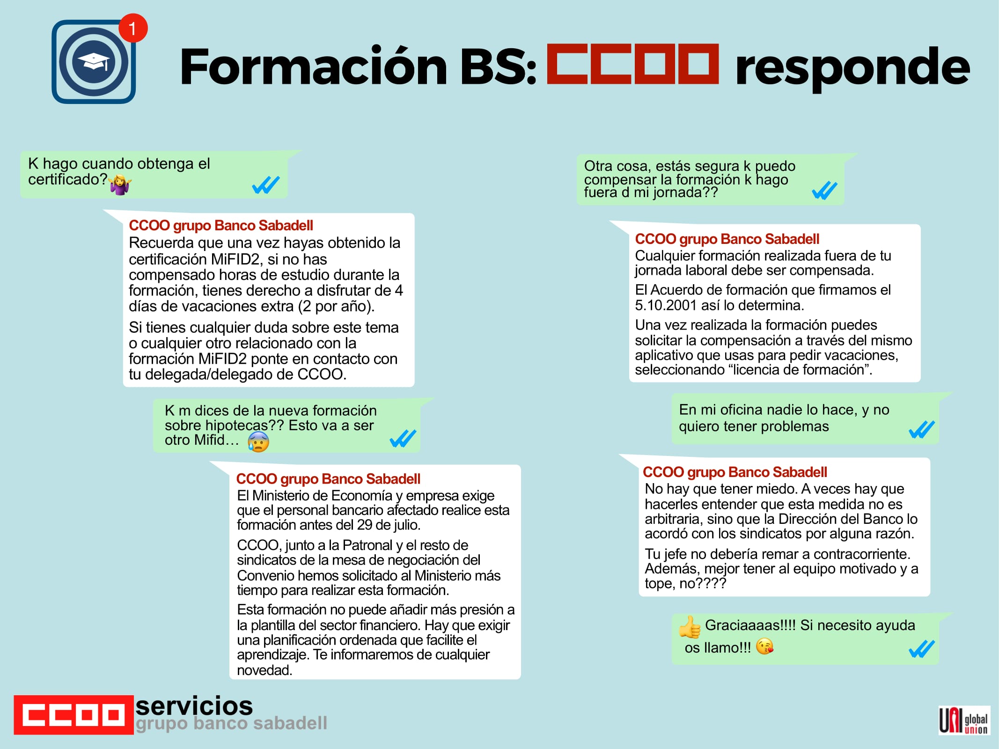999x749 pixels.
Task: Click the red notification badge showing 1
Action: tap(133, 28)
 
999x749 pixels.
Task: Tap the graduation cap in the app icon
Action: tap(94, 61)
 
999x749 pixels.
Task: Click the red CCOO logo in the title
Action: tap(632, 64)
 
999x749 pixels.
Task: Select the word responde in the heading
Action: tap(852, 68)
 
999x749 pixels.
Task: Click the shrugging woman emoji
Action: tap(120, 184)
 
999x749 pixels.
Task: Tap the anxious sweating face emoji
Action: tap(258, 441)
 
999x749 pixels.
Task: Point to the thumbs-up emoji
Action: tap(690, 627)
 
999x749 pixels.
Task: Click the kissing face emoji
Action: tap(764, 646)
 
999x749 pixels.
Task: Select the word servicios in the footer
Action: tap(194, 705)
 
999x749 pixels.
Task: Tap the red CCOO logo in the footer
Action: tap(73, 715)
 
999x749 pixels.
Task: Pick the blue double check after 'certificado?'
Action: tap(266, 185)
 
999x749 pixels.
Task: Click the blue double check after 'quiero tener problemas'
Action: tap(922, 429)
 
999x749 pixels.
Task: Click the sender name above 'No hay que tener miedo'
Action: tap(735, 472)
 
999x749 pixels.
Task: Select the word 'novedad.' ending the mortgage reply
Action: tap(264, 670)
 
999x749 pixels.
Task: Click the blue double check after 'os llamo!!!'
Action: tap(922, 649)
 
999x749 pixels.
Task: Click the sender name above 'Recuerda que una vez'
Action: tap(221, 225)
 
